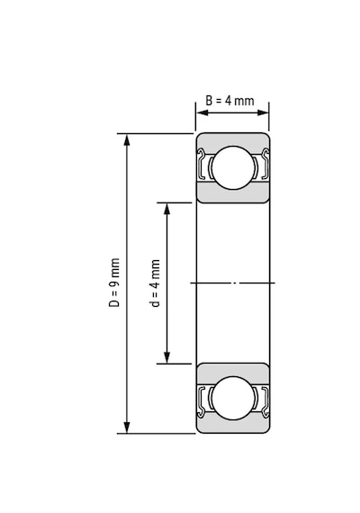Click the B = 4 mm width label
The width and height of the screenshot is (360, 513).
coord(229,101)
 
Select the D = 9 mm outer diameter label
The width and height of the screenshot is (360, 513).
coord(114,283)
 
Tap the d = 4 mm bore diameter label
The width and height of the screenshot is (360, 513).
coord(156,283)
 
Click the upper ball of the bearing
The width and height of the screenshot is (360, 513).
coord(233,167)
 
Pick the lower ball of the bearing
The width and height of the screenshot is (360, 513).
coord(233,398)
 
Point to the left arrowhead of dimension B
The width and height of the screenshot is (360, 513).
coord(202,112)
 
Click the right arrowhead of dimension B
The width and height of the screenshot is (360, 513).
coord(263,112)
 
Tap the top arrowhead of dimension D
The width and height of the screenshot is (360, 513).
coord(127,139)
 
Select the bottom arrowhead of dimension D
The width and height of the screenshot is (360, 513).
coord(127,427)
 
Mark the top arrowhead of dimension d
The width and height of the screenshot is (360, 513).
coord(166,209)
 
